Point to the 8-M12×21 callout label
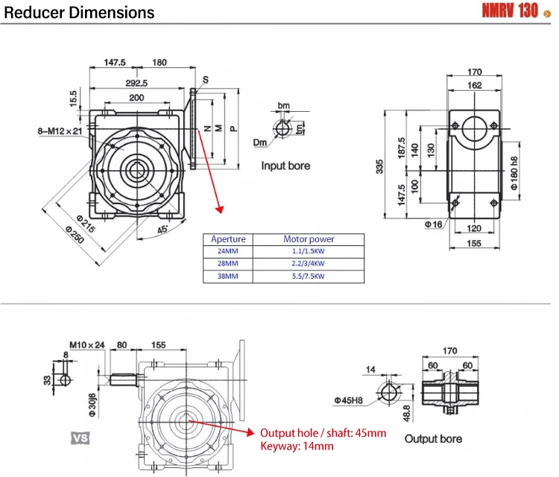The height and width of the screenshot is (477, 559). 54,130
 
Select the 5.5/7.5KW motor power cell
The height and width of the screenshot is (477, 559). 309,276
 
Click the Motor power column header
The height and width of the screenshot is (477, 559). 309,239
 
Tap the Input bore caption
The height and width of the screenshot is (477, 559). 285,165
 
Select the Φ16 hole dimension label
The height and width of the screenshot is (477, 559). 434,224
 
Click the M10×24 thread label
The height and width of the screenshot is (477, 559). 87,345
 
